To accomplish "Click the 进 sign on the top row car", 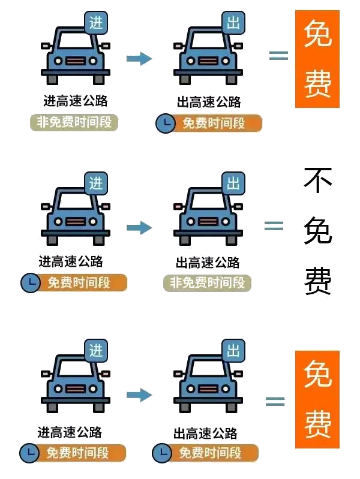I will (95, 23).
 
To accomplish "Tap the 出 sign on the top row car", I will (233, 23).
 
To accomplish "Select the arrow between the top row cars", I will (139, 58).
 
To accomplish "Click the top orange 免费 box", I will (317, 59).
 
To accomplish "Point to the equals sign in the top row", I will (278, 55).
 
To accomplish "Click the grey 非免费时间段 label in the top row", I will (74, 122).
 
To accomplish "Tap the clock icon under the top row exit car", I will (164, 123).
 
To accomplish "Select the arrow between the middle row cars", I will (139, 227).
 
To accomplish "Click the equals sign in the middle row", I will (274, 225).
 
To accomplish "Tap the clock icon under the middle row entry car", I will (29, 283).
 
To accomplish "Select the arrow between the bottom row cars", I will (139, 394).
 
